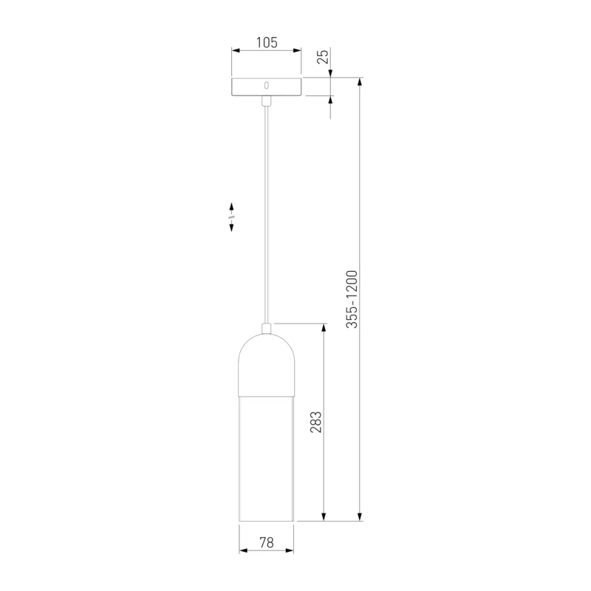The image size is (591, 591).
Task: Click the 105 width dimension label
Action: [x=267, y=43]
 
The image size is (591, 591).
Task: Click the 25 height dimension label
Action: [x=323, y=57]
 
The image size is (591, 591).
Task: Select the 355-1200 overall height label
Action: [x=352, y=299]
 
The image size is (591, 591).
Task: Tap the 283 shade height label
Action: [x=316, y=422]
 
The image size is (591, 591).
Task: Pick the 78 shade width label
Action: [x=267, y=542]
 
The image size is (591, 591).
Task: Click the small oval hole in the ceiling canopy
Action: [x=267, y=86]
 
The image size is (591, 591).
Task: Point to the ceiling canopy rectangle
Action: [x=267, y=86]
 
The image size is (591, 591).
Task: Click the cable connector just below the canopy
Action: [x=267, y=100]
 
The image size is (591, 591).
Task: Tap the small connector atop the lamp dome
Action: [x=267, y=328]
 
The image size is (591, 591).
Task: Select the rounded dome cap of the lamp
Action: [x=267, y=364]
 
